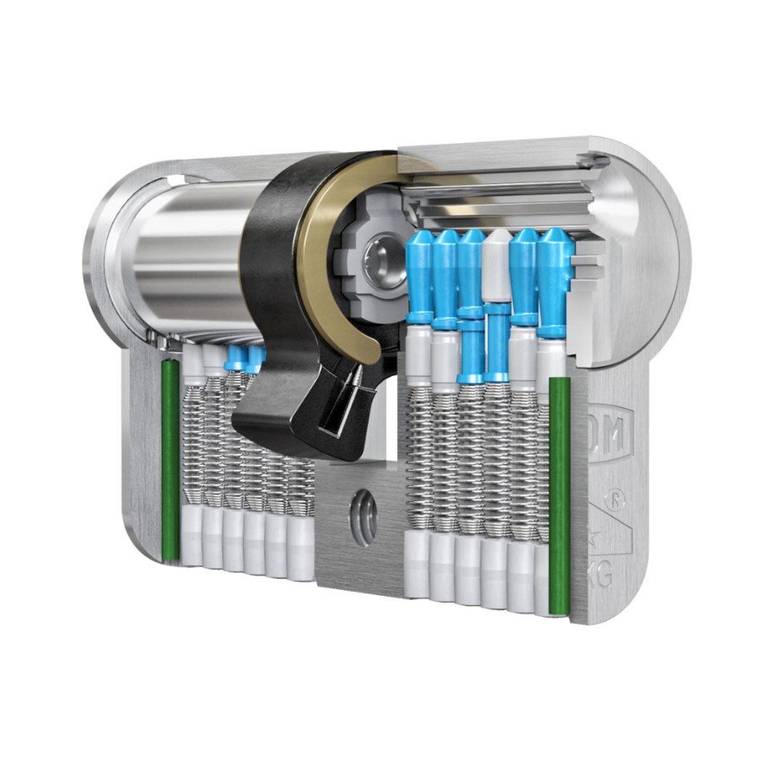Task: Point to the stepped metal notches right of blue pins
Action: pyautogui.click(x=592, y=270)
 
